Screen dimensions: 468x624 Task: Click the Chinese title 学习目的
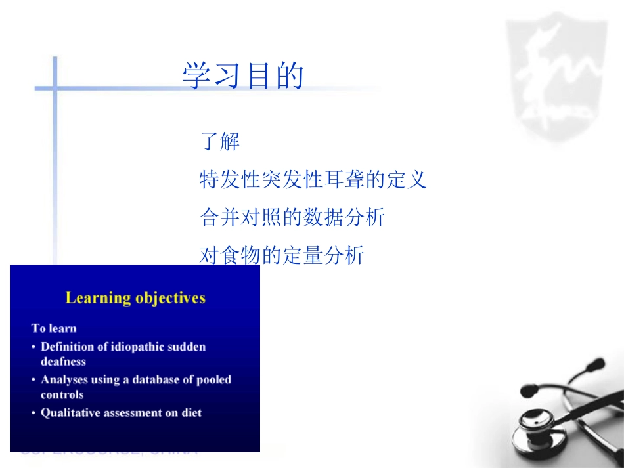coord(243,76)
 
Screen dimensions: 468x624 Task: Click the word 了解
coord(219,141)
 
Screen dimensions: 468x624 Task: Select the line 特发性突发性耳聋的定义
coord(313,179)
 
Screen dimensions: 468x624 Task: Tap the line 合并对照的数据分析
coord(292,217)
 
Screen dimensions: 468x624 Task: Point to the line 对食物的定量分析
coord(281,255)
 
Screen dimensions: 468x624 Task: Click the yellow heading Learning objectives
coord(135,298)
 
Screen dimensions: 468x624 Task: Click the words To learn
coord(54,328)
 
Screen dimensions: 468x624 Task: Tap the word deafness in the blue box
coord(63,362)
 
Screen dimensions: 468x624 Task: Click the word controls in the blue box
coord(62,394)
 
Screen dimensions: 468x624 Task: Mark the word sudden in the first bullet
coord(188,347)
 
